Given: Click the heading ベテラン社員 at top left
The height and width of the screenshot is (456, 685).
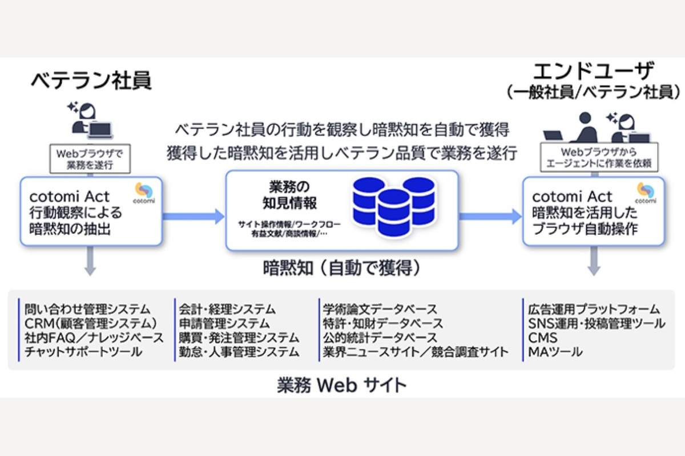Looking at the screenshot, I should [91, 80].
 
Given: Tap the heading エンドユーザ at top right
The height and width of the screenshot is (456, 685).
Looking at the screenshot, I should [593, 72].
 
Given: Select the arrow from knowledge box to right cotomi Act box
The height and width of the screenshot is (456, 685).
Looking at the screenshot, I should [490, 215].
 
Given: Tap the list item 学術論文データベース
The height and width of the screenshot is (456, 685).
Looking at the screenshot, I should [380, 309].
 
